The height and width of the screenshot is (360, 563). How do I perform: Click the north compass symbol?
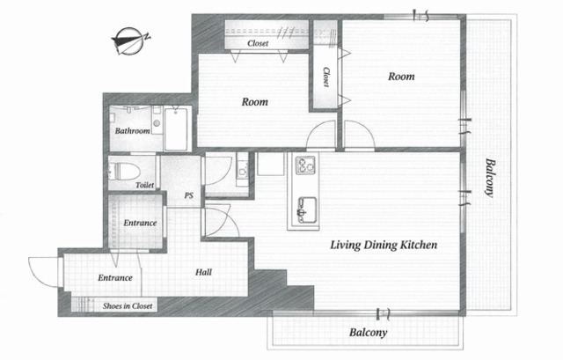130,41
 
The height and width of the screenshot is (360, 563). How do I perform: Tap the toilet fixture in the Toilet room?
124,172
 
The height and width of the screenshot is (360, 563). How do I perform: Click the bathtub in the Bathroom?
176,129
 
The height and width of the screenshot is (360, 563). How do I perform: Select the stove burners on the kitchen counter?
305,165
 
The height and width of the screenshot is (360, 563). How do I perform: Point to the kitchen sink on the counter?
307,209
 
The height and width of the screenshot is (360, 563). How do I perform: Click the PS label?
189,195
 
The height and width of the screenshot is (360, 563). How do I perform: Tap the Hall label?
203,272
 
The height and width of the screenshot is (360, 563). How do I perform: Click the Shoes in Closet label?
128,305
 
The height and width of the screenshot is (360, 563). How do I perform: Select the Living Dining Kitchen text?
384,245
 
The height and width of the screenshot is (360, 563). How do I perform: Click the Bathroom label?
132,131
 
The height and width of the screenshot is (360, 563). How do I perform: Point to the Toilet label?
144,185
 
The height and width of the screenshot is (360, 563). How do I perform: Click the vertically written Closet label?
325,77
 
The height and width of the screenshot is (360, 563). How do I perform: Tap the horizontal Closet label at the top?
258,43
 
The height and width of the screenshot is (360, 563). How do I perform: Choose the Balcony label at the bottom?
368,333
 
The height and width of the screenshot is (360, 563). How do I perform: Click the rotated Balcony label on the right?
490,178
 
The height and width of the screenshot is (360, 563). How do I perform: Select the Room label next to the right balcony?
401,77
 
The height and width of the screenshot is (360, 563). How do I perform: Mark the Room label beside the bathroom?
254,102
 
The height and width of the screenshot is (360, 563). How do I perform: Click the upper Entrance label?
140,223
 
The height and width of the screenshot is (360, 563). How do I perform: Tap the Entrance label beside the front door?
115,278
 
